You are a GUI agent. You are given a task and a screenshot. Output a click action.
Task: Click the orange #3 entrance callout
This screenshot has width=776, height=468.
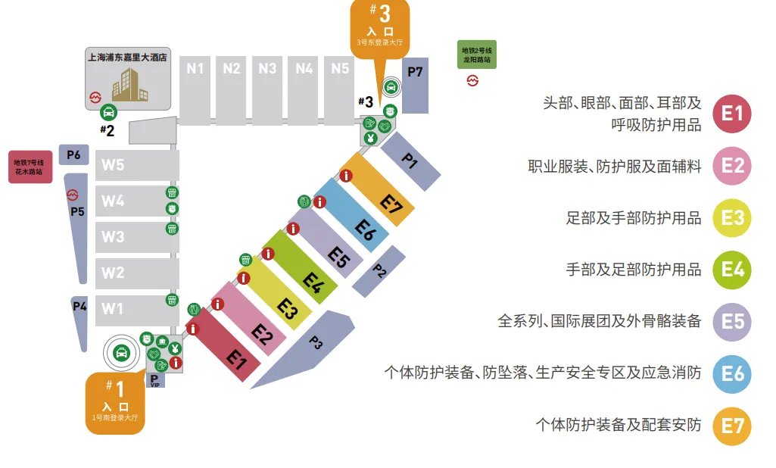380,27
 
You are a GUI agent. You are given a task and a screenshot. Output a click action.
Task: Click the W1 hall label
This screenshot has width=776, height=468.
113,309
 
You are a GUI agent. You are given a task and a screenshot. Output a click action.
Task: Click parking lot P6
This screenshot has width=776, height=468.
73,154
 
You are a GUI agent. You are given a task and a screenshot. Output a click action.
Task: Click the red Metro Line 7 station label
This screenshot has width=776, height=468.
31,167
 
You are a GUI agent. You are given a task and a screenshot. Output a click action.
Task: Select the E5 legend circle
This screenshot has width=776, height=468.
732,321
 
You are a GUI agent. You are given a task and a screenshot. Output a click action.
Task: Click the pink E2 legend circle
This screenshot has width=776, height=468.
732,166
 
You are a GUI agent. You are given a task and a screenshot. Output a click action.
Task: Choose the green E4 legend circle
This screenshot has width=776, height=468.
732,270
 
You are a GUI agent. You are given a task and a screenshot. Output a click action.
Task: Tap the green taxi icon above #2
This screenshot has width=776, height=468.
108,113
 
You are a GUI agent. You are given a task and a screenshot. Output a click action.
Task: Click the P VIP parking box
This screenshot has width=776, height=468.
155,380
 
